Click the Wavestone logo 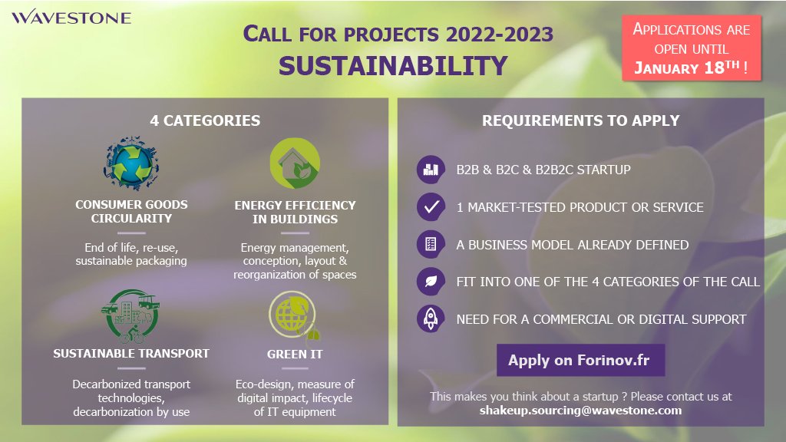point(71,17)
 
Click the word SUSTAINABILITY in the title point(392,65)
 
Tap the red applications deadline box point(692,48)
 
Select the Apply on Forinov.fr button point(580,360)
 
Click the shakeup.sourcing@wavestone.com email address point(580,411)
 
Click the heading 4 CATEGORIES point(205,120)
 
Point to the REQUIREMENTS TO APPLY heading point(580,120)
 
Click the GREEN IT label point(295,355)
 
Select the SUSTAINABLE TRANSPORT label point(131,354)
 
